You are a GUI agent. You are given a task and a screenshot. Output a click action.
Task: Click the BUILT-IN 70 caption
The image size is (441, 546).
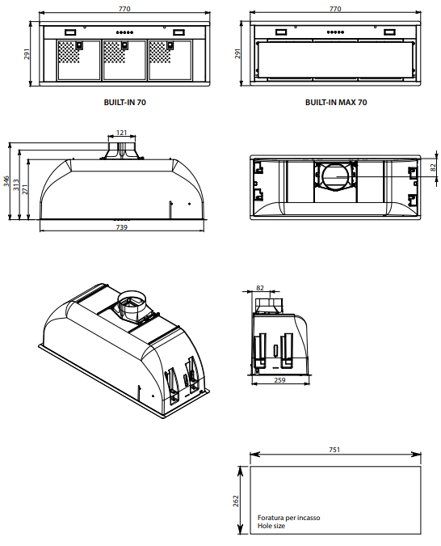click(x=125, y=103)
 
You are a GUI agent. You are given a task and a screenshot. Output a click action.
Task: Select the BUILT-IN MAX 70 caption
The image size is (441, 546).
click(x=336, y=103)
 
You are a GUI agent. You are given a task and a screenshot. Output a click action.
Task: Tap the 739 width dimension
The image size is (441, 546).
click(x=121, y=227)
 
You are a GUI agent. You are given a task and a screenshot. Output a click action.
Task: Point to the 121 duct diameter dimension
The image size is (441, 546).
click(x=121, y=133)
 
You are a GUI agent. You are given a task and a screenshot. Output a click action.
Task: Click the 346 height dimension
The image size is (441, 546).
click(x=7, y=181)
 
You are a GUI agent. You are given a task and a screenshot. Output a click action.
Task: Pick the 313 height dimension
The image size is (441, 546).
click(x=16, y=185)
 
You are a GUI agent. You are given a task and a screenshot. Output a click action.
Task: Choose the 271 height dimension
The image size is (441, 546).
click(x=25, y=189)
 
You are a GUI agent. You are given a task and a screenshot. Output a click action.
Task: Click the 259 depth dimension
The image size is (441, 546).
click(x=279, y=380)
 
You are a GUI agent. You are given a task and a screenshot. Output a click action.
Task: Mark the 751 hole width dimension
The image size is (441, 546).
click(x=334, y=450)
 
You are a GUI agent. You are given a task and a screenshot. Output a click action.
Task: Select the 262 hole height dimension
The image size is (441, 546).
click(x=236, y=501)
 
